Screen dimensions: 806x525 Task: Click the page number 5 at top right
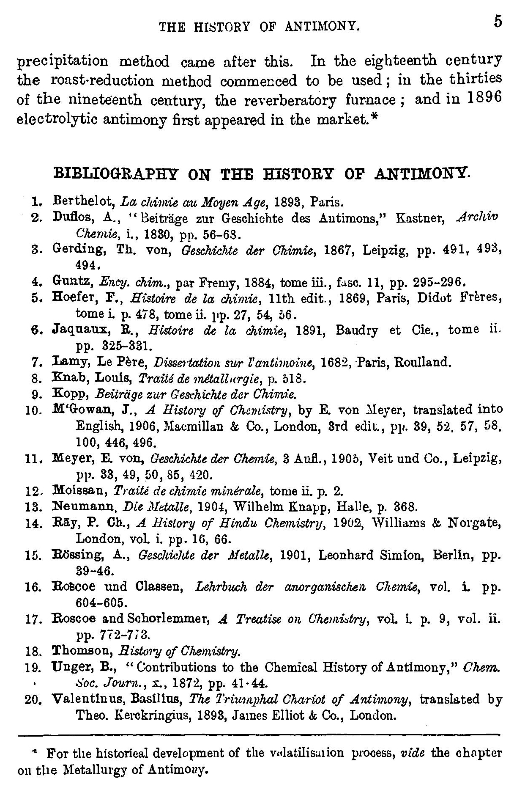[498, 21]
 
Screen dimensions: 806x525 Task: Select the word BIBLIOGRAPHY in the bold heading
[111, 174]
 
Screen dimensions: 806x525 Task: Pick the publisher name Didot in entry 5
[436, 298]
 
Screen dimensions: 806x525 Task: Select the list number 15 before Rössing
[33, 556]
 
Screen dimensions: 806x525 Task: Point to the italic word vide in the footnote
[410, 754]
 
